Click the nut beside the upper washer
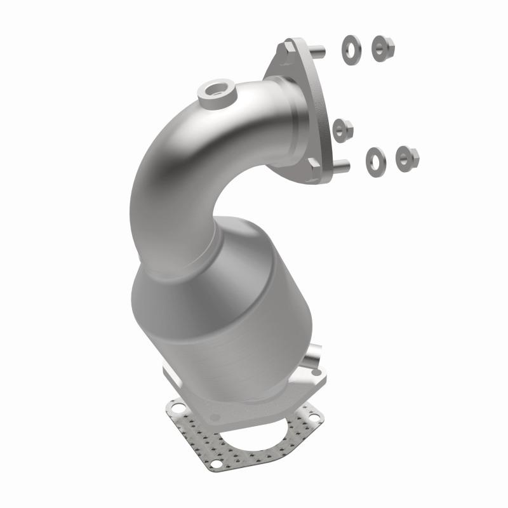pyautogui.click(x=384, y=45)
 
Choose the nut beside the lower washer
pyautogui.click(x=406, y=157)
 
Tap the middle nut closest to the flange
pyautogui.click(x=343, y=129)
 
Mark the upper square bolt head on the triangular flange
pyautogui.click(x=289, y=47)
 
